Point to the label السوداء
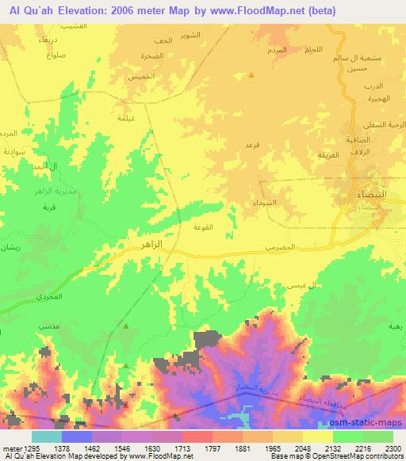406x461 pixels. pos(266,204)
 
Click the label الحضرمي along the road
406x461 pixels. pos(279,248)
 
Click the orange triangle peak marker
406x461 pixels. pos(251,75)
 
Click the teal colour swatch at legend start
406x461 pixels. pos(46,436)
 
